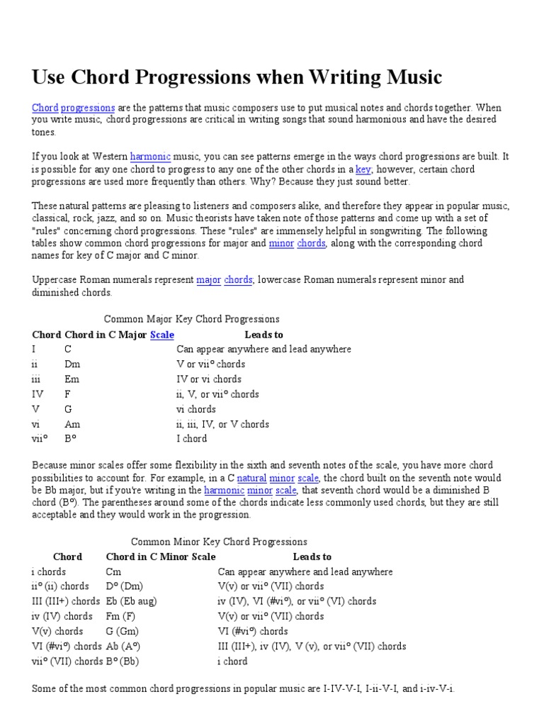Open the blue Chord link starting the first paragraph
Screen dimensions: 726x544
[x=45, y=108]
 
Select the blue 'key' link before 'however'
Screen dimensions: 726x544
[x=363, y=169]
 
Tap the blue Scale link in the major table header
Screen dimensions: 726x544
[x=162, y=335]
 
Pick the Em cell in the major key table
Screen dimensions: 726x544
[x=72, y=379]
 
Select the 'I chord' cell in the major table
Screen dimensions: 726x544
[x=192, y=439]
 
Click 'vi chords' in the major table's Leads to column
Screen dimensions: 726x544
[x=196, y=409]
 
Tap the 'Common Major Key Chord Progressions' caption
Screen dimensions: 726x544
[x=191, y=319]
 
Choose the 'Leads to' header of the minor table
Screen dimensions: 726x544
[x=312, y=557]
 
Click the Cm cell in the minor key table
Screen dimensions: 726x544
[x=113, y=571]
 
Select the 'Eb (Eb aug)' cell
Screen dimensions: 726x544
[x=131, y=601]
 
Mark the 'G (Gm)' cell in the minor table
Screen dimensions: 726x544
[x=123, y=631]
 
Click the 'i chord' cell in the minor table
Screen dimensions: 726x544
[x=232, y=661]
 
